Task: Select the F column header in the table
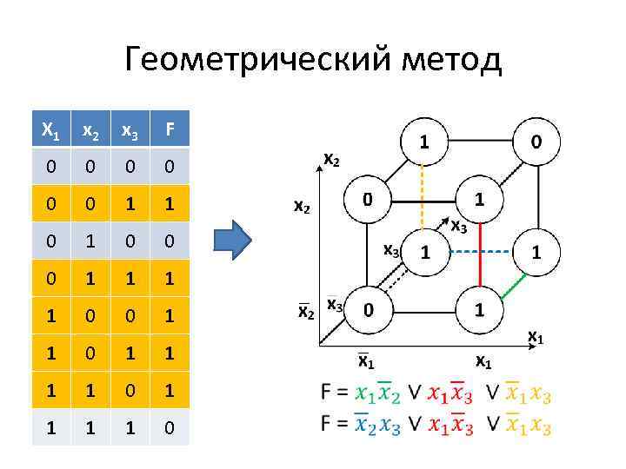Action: [x=170, y=130]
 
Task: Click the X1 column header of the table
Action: [x=51, y=130]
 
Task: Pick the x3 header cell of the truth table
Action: [x=130, y=130]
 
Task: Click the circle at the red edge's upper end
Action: [x=478, y=200]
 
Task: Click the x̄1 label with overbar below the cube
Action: [x=366, y=360]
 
